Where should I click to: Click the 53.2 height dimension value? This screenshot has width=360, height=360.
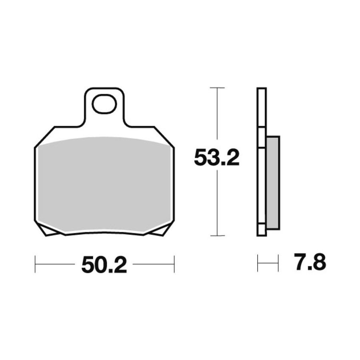pyautogui.click(x=217, y=158)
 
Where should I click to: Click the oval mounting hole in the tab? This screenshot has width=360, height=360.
pyautogui.click(x=104, y=104)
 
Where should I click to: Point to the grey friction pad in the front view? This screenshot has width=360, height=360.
pyautogui.click(x=104, y=184)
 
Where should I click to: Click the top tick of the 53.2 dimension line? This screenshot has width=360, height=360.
pyautogui.click(x=217, y=88)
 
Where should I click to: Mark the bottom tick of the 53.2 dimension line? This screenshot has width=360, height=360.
pyautogui.click(x=217, y=235)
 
